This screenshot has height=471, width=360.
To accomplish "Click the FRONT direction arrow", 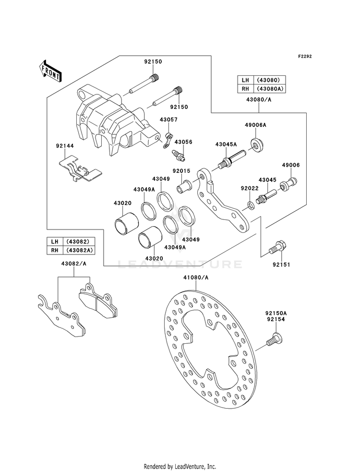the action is click(50, 71).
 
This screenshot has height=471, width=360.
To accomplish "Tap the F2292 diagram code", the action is click(305, 57).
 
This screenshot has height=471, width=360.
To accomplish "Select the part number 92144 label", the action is click(64, 145).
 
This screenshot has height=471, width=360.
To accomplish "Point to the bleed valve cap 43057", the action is click(168, 138).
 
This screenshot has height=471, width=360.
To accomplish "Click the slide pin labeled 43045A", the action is click(232, 159).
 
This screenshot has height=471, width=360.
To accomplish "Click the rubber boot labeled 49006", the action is click(288, 183).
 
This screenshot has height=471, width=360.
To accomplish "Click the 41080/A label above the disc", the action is click(196, 278).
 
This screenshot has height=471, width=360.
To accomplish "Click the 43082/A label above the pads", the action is click(74, 264).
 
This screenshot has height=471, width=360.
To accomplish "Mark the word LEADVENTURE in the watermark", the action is click(180, 264).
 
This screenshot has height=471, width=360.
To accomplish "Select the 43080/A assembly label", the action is click(259, 99).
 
